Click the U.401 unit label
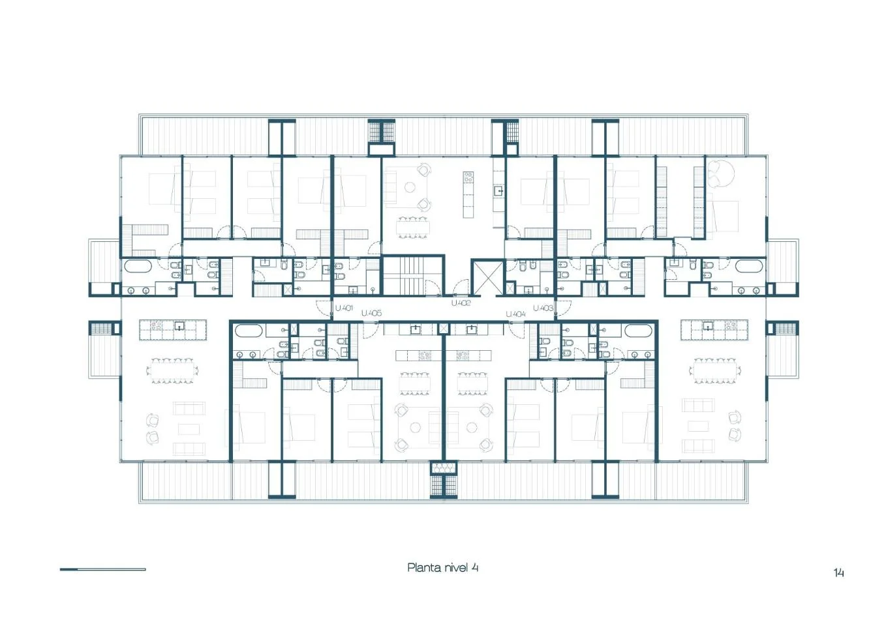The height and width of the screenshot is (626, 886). [x=344, y=308]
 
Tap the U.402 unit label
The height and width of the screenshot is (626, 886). [x=461, y=303]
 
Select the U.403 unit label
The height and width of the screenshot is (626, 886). [x=543, y=308]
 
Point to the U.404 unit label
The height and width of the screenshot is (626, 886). [x=516, y=314]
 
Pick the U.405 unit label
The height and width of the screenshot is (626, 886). [x=371, y=314]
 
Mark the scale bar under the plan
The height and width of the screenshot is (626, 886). [x=103, y=569]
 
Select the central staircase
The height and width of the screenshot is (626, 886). [x=413, y=275]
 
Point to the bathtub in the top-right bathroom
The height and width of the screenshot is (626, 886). [x=749, y=266]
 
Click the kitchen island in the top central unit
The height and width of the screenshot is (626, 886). [x=468, y=194]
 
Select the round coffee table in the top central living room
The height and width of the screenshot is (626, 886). [x=410, y=187]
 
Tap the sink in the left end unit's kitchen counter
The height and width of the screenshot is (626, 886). [x=180, y=326]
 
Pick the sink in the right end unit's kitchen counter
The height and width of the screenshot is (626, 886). [x=708, y=326]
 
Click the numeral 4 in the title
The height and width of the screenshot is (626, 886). [x=474, y=568]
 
